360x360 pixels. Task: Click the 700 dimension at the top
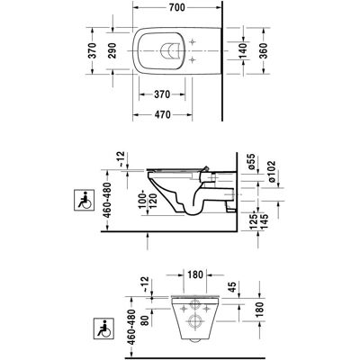point(177,7)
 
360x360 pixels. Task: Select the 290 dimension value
point(112,50)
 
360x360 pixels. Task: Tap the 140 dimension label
point(243,50)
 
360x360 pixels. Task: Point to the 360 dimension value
point(263,50)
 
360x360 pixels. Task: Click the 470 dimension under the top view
point(162,114)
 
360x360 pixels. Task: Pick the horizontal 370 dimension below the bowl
point(162,94)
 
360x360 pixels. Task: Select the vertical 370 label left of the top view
point(93,50)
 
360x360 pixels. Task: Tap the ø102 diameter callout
point(272,171)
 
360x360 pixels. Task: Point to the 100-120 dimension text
point(148,201)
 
